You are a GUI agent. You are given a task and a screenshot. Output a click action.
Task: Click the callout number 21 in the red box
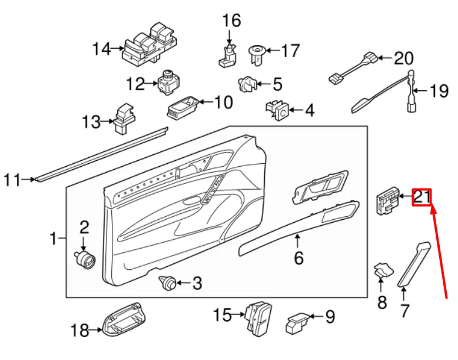[x=422, y=197]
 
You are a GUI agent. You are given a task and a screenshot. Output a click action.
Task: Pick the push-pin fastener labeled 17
[x=257, y=55]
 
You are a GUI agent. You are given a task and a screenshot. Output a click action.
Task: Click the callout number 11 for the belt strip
[x=12, y=179]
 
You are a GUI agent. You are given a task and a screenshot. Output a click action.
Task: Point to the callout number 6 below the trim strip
[x=298, y=257]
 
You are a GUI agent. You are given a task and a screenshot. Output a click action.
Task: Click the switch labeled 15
[x=257, y=317]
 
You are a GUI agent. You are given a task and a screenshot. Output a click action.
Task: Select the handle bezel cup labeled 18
[x=124, y=321]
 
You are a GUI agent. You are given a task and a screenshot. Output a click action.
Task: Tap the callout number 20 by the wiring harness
[x=403, y=58]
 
